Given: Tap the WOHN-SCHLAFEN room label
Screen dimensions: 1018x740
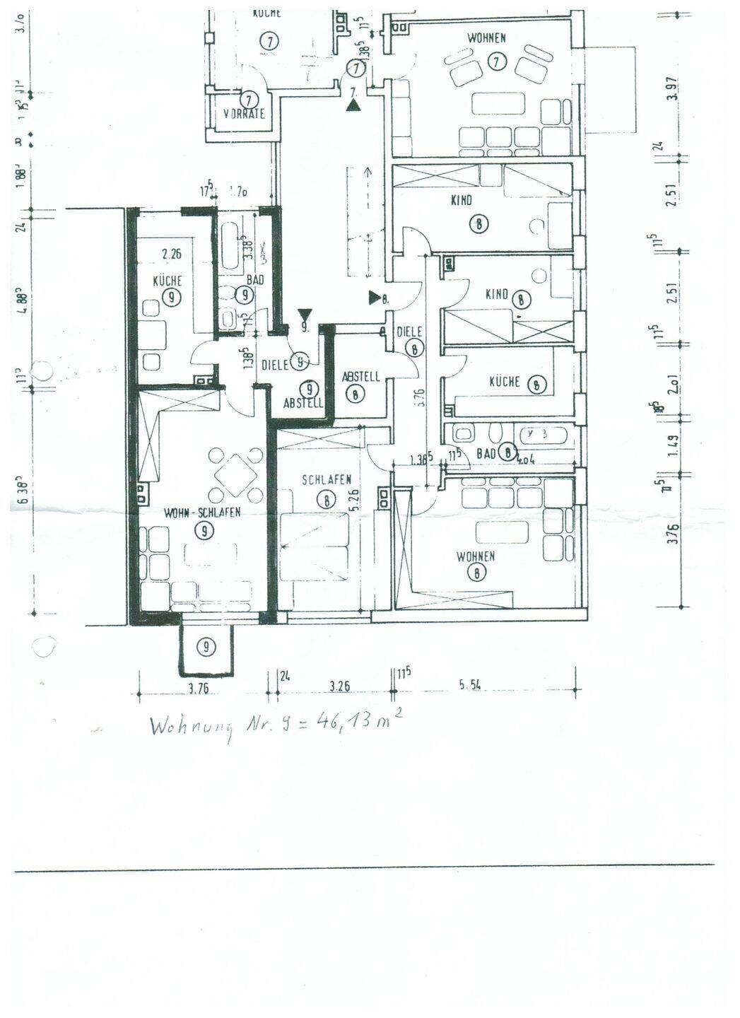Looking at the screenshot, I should point(203,513).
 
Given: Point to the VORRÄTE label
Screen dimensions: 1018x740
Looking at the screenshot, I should point(243,114).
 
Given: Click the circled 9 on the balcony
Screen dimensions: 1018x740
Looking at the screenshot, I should point(206,645).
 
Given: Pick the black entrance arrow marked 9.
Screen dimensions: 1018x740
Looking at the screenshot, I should point(305,315).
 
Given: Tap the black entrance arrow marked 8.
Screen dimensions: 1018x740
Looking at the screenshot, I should point(373,298).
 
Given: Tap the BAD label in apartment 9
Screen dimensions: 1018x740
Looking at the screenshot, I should point(254,281).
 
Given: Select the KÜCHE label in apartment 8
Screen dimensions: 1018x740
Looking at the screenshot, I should point(505,382).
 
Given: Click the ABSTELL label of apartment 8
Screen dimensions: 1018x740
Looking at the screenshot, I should point(360,378).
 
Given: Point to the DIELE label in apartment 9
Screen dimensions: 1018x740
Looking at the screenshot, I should point(274,365).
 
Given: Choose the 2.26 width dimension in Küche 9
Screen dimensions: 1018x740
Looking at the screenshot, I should point(172,254).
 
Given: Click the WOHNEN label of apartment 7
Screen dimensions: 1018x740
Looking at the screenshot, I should point(486,38).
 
